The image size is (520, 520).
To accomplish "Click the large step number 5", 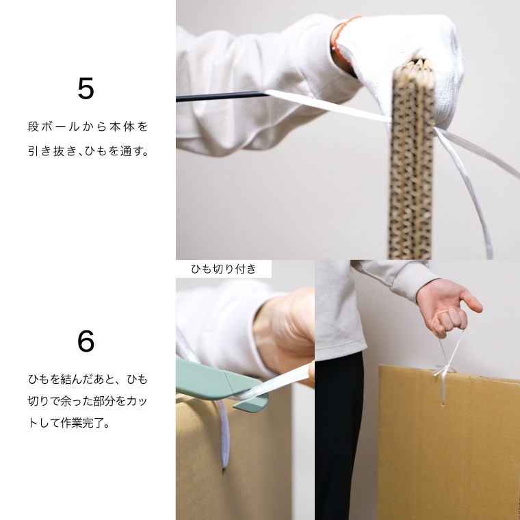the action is click(x=86, y=88).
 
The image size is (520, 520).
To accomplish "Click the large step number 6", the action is click(x=86, y=341).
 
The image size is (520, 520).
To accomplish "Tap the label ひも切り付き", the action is click(x=224, y=269).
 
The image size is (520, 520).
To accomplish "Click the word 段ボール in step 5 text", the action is click(x=54, y=127).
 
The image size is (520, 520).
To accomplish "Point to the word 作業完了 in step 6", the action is click(x=82, y=423).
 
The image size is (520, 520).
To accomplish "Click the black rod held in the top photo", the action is click(x=222, y=96).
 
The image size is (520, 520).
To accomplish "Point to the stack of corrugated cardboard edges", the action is click(x=412, y=159).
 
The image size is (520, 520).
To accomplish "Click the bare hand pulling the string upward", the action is click(x=446, y=307).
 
